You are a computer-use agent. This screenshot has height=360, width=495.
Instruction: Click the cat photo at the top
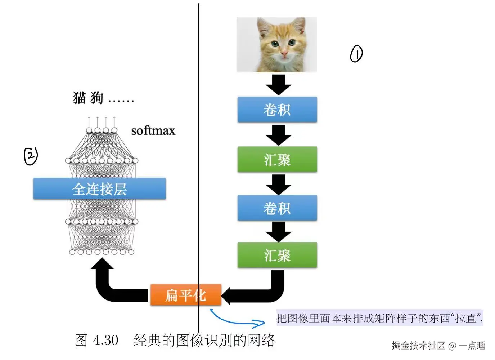pos(276,44)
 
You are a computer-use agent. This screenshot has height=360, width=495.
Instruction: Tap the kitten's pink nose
pos(284,54)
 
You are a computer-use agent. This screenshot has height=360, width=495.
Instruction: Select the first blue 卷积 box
pos(277,110)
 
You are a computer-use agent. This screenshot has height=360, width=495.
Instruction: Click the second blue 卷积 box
pos(277,208)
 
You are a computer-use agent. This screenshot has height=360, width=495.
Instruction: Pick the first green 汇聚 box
pos(277,159)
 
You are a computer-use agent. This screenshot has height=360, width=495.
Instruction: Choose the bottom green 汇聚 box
pos(277,255)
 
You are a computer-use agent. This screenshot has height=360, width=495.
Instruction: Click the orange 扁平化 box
pos(185,295)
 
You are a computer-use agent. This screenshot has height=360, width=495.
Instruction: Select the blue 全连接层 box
pos(99,188)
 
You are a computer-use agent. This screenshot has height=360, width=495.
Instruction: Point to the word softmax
pos(153,130)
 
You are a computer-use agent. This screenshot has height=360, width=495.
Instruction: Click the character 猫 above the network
pos(80,98)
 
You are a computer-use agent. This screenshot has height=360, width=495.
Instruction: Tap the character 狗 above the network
pos(96,98)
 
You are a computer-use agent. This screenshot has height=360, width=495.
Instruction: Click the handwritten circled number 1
pos(356,54)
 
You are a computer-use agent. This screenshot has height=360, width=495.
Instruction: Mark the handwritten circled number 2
pos(31,156)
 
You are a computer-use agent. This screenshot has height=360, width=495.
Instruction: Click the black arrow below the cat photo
pos(278,85)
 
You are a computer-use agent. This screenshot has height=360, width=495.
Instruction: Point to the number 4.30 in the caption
pos(105,340)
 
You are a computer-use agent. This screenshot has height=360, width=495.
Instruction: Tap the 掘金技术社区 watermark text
pos(418,346)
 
